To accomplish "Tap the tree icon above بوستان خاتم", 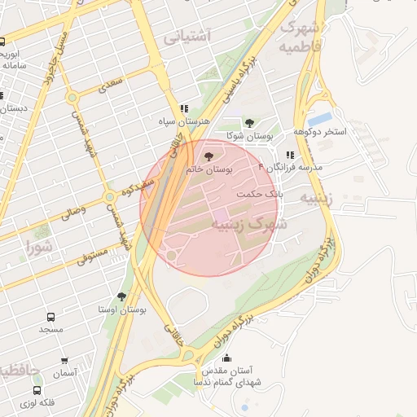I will point(209,155).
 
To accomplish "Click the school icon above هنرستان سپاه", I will point(185,108).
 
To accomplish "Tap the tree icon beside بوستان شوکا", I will point(248,123).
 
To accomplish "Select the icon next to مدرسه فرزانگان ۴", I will point(290,155).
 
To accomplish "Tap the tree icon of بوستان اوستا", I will point(122,296).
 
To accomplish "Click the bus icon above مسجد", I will point(50,316).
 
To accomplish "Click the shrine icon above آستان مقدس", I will point(226,357).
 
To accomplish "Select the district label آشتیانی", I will point(187,37).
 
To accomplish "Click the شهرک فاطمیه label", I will point(300,37).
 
